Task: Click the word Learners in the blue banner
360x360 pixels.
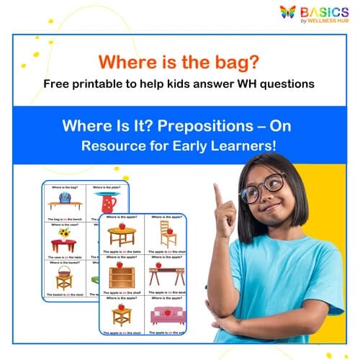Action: [x=251, y=145]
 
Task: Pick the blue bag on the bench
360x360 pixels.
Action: [x=65, y=197]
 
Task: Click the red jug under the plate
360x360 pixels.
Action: [x=109, y=204]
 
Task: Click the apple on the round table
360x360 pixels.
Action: [x=122, y=225]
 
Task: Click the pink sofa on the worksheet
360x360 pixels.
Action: [x=168, y=316]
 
